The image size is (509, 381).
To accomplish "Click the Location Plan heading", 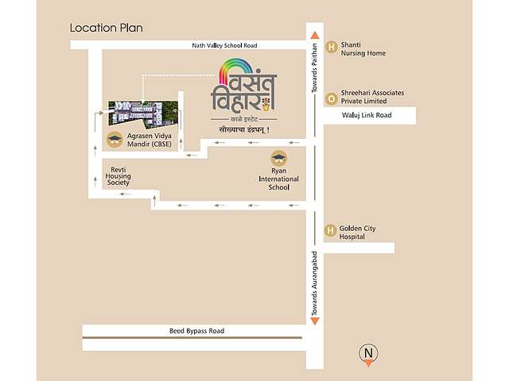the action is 107,28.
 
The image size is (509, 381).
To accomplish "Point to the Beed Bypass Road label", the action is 196,330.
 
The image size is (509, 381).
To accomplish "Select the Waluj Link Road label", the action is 367,116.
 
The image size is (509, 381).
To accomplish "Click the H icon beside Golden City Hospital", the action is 330,231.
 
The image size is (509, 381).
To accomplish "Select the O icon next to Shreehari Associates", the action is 330,97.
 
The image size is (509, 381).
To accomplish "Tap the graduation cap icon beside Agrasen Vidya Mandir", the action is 115,140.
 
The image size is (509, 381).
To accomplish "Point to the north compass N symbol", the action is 367,353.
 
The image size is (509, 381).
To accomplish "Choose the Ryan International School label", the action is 278,179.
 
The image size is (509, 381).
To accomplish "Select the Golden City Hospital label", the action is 357,233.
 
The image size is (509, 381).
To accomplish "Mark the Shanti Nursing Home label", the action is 363,49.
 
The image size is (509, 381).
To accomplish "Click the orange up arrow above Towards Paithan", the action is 315,36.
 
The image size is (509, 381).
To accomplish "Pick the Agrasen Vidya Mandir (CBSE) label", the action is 150,140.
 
